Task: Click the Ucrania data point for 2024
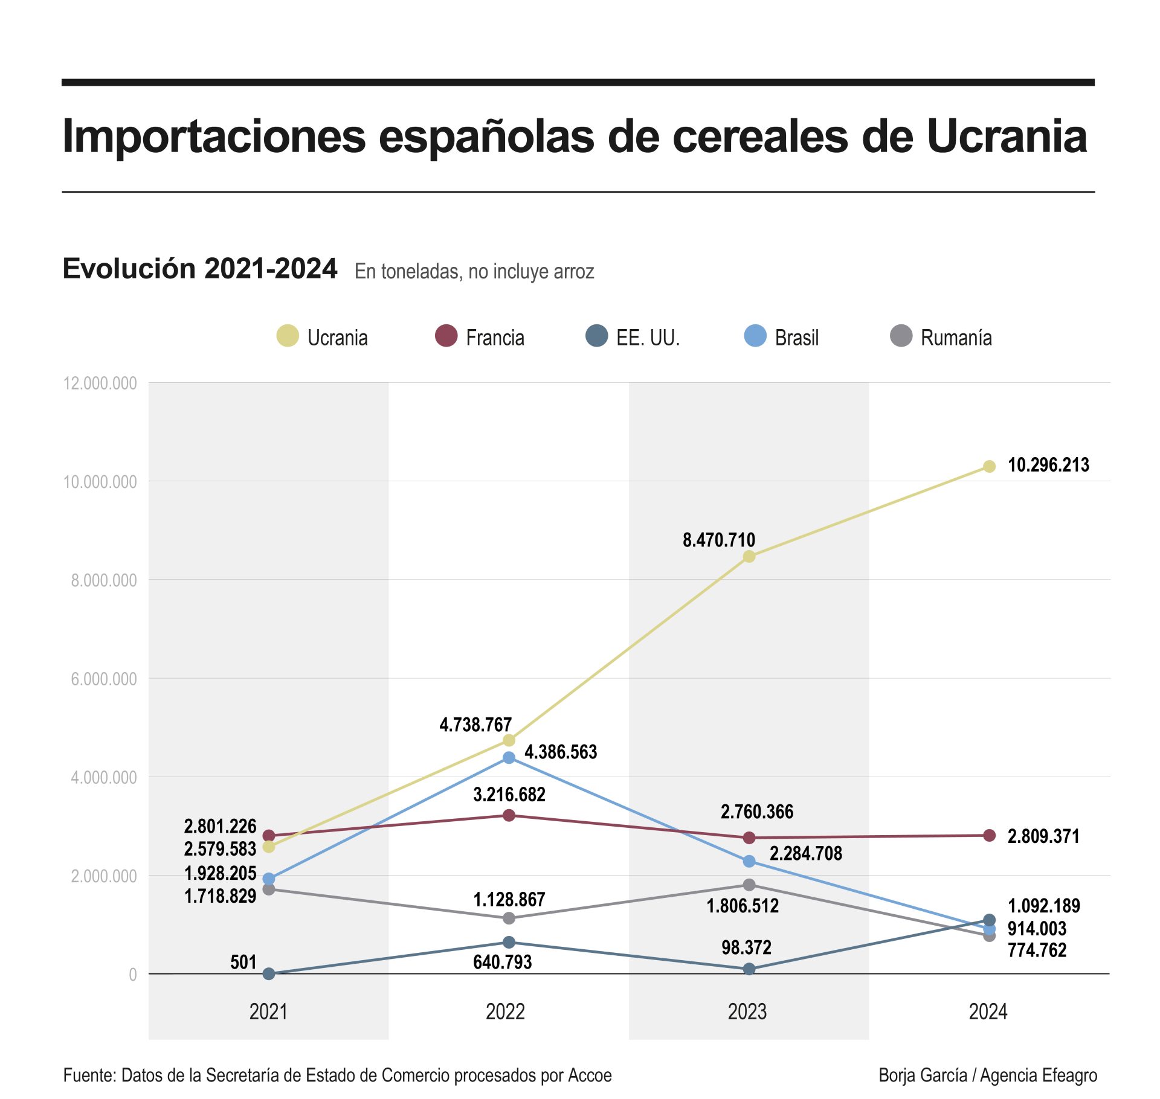tap(989, 466)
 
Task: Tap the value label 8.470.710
tap(718, 540)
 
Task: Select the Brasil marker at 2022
tap(509, 757)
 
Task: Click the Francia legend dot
tap(446, 336)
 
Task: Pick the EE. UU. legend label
tap(648, 338)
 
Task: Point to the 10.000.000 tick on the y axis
tap(100, 482)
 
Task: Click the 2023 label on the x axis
tap(747, 1011)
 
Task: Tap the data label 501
tap(243, 962)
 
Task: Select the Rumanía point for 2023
tap(749, 885)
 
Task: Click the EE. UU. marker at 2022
tap(509, 942)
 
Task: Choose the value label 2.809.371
tap(1043, 836)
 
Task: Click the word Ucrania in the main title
tap(1007, 136)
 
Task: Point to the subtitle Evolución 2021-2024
tap(200, 269)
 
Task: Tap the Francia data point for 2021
tap(269, 836)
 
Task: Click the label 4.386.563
tap(561, 752)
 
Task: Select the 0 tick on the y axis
tap(133, 975)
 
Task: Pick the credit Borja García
tap(923, 1075)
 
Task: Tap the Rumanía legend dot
tap(901, 336)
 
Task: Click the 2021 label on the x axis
tap(268, 1011)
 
